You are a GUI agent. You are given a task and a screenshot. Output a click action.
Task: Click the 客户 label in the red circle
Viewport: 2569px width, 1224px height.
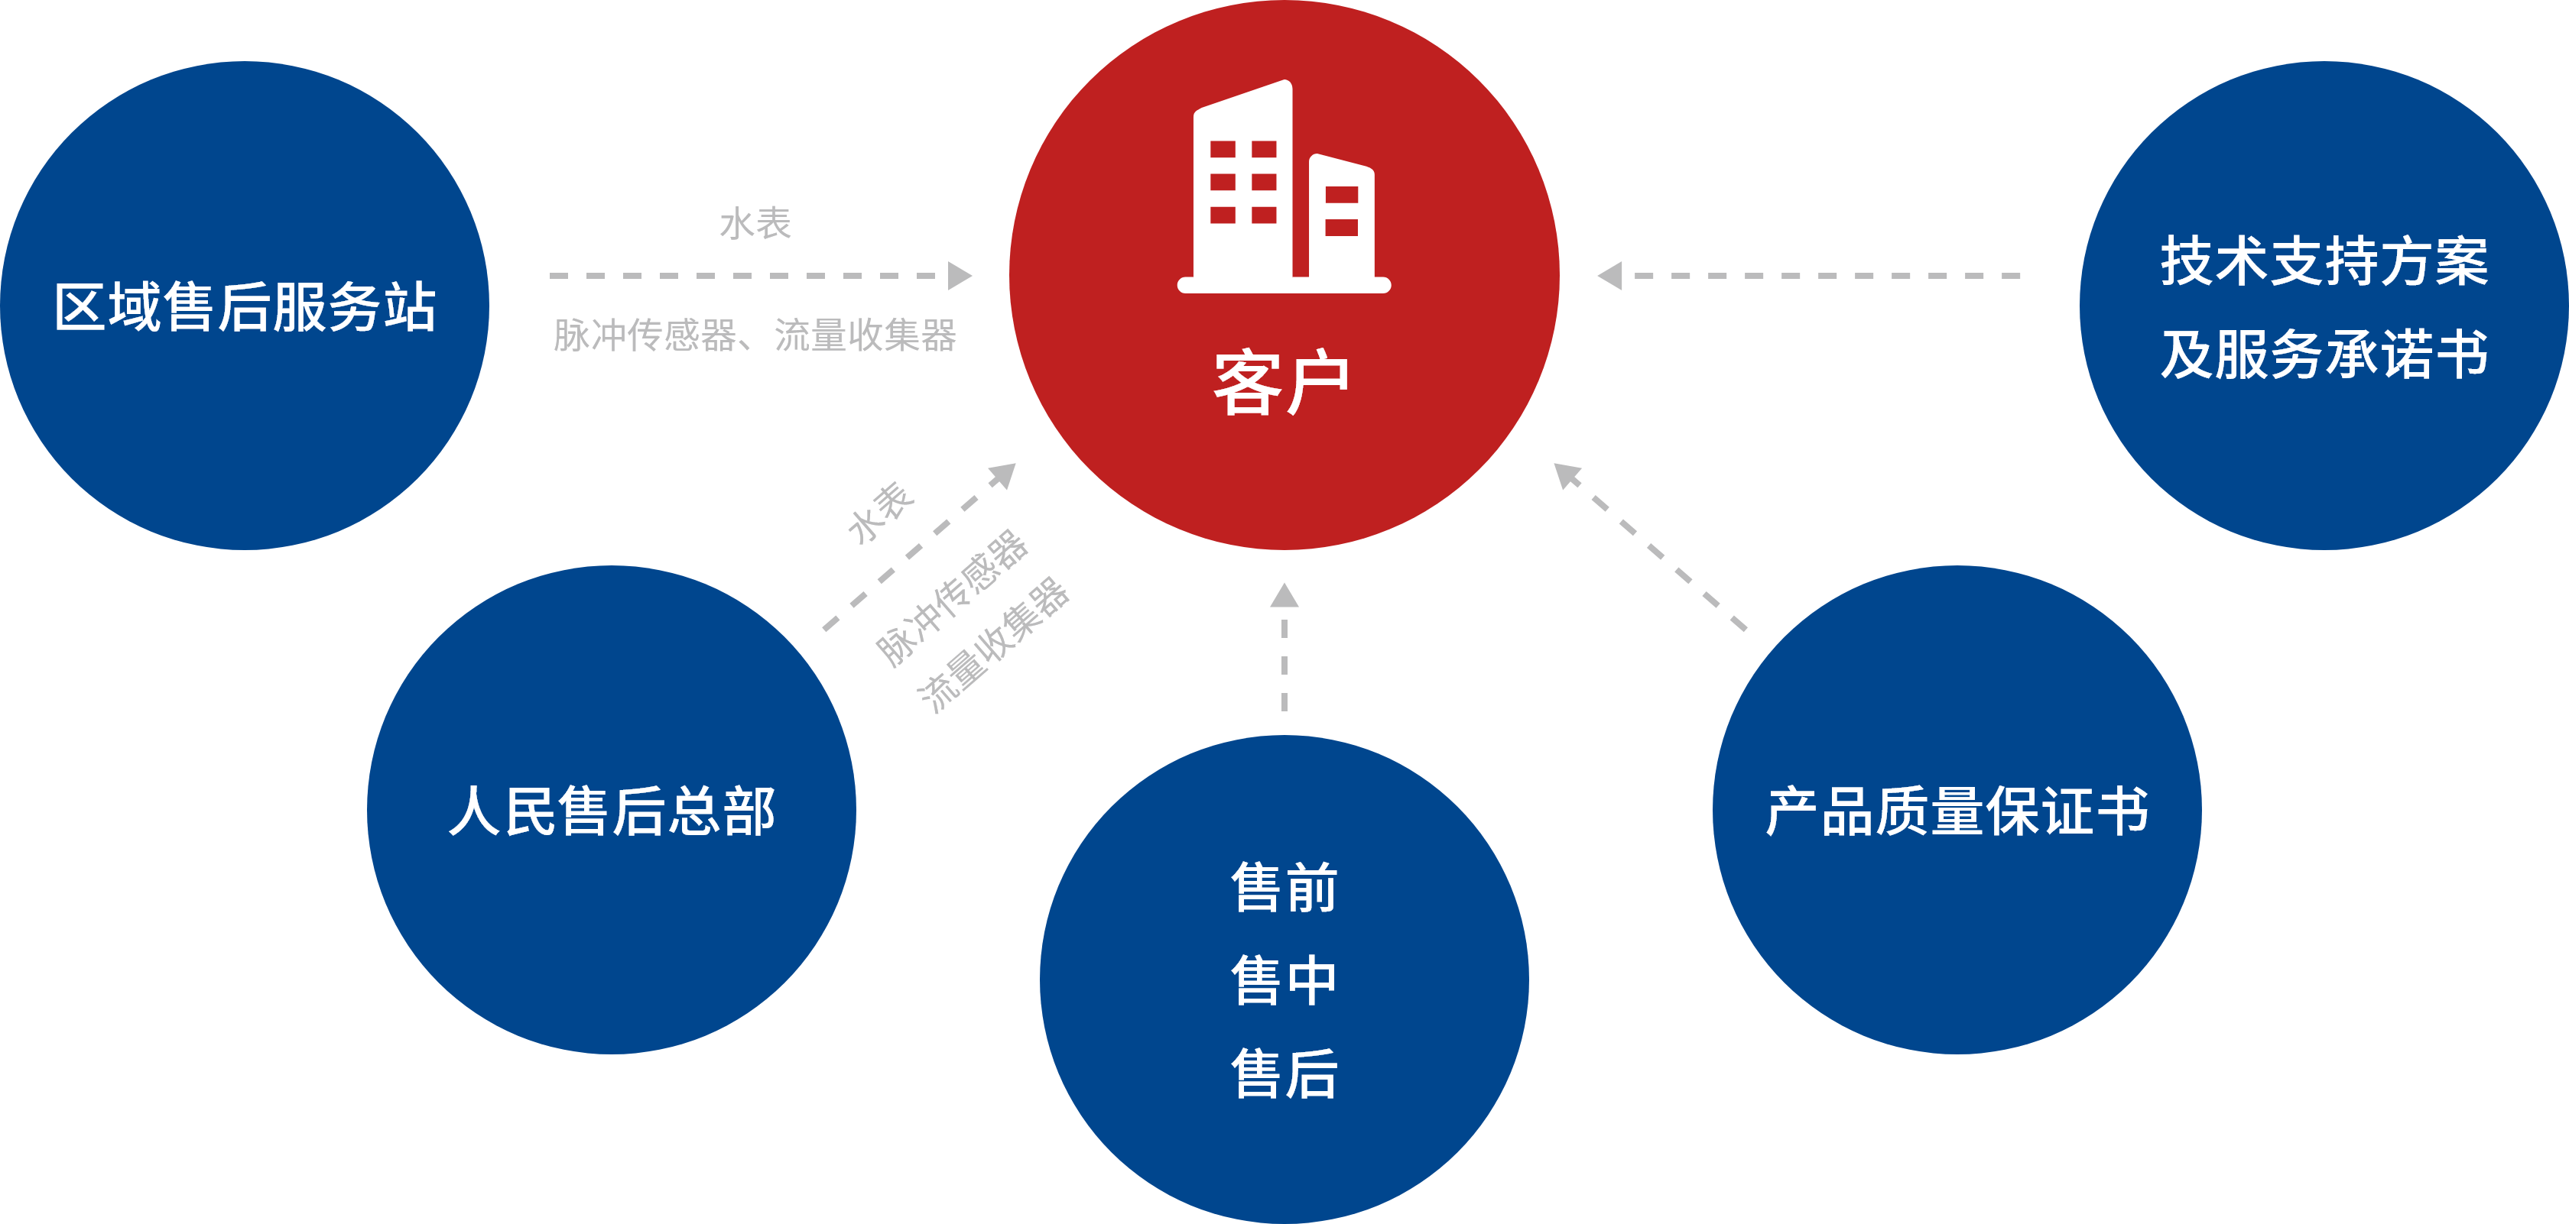coord(1281,383)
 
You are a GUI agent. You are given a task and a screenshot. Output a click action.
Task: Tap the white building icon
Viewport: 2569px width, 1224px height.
coord(1284,187)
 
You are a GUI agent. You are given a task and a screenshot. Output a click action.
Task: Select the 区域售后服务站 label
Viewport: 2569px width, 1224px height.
coord(245,306)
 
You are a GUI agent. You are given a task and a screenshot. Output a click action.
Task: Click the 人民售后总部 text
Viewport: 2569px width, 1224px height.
coord(612,811)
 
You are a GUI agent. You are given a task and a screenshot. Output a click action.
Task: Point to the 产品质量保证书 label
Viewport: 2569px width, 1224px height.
coord(1957,811)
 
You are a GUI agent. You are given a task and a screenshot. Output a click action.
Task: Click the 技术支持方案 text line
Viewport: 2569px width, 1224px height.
coord(2324,261)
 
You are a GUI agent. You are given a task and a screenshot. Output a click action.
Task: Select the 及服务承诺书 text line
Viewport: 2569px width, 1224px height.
coord(2324,354)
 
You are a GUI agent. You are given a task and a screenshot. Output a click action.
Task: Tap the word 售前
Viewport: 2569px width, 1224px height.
coord(1284,887)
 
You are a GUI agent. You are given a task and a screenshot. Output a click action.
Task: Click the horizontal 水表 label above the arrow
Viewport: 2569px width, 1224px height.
coord(755,223)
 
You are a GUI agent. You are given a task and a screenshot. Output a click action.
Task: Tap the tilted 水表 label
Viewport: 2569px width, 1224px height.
coord(881,513)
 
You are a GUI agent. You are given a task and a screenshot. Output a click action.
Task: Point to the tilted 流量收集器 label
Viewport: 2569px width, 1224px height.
coord(993,644)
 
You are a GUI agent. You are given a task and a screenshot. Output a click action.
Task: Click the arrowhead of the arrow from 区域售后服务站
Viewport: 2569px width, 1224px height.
coord(960,275)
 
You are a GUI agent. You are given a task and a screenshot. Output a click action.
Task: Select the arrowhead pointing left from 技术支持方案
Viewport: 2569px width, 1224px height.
coord(1609,275)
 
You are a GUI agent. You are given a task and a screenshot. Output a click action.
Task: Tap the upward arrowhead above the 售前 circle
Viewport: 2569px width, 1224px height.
coord(1284,596)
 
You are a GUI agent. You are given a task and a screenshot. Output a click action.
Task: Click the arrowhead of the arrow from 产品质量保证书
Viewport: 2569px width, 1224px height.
coord(1567,475)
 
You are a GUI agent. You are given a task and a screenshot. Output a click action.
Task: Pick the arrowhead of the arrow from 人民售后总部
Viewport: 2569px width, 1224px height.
coord(1003,474)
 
